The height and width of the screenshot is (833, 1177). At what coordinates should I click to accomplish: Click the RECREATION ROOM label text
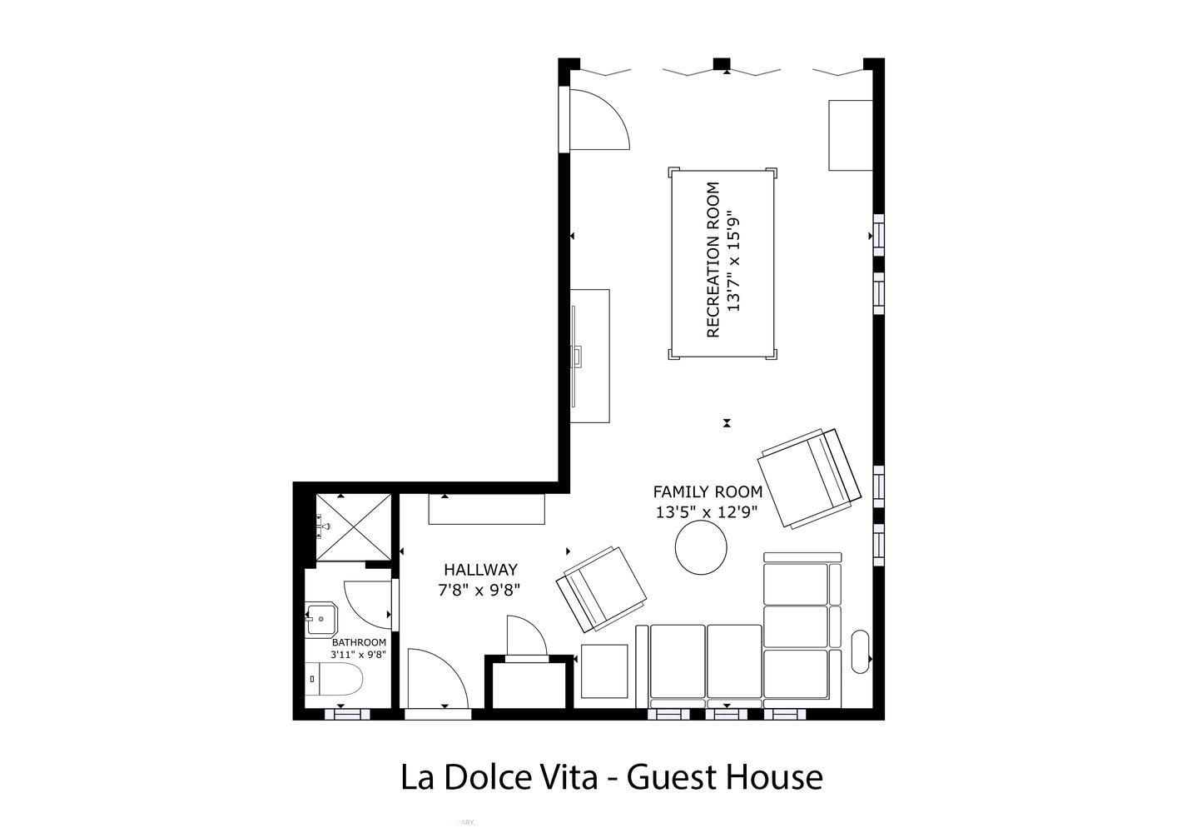[x=713, y=259]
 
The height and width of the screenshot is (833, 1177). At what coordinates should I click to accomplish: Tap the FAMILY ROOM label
[x=708, y=492]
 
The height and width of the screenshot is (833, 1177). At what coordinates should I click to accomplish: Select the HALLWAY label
[x=481, y=570]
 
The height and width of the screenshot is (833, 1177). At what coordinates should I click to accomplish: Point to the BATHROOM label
[x=359, y=642]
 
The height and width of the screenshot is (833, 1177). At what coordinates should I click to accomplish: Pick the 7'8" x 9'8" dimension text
[x=479, y=591]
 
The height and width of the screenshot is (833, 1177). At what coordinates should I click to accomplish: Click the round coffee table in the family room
[x=701, y=547]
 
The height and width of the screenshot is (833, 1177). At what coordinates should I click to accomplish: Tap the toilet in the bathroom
[x=334, y=679]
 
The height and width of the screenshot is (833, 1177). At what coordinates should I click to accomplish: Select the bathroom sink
[x=321, y=620]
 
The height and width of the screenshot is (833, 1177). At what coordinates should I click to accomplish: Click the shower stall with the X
[x=353, y=527]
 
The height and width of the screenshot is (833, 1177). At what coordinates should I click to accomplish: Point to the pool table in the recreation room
[x=723, y=263]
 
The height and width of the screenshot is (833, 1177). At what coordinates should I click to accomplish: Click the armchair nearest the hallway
[x=601, y=589]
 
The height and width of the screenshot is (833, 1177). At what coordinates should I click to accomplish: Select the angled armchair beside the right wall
[x=809, y=477]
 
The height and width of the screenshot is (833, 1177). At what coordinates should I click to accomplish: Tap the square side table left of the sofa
[x=604, y=671]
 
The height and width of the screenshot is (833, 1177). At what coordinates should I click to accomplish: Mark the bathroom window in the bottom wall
[x=347, y=714]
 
